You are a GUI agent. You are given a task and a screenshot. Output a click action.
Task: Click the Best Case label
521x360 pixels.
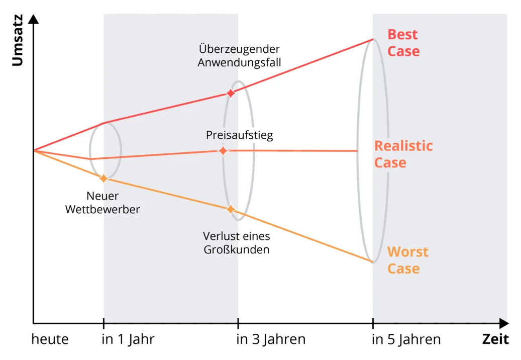[x=403, y=43]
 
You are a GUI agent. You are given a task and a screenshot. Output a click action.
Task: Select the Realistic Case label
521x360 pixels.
[x=403, y=154]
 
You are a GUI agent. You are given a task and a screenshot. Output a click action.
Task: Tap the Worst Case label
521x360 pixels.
[x=407, y=260]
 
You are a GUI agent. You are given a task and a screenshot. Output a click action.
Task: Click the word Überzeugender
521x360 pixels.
[x=239, y=49]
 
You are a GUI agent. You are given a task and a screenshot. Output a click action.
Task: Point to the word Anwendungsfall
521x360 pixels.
[x=239, y=63]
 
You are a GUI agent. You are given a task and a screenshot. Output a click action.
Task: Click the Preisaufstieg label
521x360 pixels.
[x=239, y=135]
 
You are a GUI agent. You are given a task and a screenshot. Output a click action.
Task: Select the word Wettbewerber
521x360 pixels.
[x=102, y=209]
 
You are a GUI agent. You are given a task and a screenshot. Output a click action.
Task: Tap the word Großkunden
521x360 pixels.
[x=236, y=249]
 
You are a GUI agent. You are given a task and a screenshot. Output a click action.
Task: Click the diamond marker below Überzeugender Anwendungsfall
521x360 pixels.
[x=231, y=93]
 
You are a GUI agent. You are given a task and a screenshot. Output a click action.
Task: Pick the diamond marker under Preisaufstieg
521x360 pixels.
[x=223, y=150]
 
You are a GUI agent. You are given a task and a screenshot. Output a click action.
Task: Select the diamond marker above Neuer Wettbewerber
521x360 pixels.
[x=104, y=178]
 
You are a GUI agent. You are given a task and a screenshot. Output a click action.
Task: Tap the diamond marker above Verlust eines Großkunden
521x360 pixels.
[x=231, y=209]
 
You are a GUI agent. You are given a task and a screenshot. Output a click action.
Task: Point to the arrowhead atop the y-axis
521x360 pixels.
[x=35, y=18]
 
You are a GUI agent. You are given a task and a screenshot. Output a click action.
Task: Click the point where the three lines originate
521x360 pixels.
[x=34, y=150]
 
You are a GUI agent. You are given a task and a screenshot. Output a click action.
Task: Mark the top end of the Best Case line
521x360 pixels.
[x=373, y=39]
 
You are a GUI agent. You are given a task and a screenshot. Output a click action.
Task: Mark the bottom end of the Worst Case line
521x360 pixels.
[x=373, y=262]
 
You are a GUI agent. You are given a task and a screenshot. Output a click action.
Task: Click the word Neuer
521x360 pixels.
[x=102, y=196]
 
